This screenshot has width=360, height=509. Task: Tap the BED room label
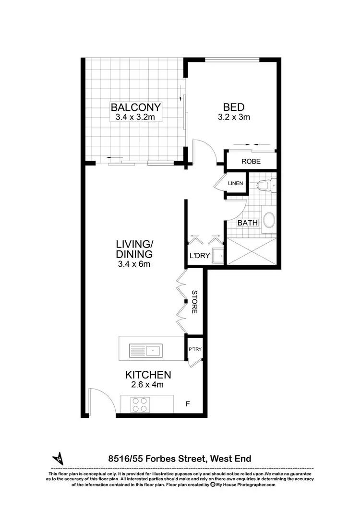pyautogui.click(x=234, y=107)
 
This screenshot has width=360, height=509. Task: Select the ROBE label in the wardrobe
pyautogui.click(x=251, y=162)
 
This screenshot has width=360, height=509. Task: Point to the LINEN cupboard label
pyautogui.click(x=236, y=183)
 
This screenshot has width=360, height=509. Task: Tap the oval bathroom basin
pyautogui.click(x=269, y=220)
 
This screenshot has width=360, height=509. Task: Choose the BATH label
pyautogui.click(x=248, y=223)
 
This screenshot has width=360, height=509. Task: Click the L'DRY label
pyautogui.click(x=200, y=256)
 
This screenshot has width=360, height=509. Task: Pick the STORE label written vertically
pyautogui.click(x=194, y=302)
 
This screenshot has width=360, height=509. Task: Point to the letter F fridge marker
pyautogui.click(x=188, y=404)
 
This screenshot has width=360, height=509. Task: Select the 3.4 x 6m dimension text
pyautogui.click(x=134, y=263)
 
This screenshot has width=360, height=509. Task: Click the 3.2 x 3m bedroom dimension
pyautogui.click(x=234, y=117)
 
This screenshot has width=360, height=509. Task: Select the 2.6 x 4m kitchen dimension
pyautogui.click(x=148, y=385)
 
